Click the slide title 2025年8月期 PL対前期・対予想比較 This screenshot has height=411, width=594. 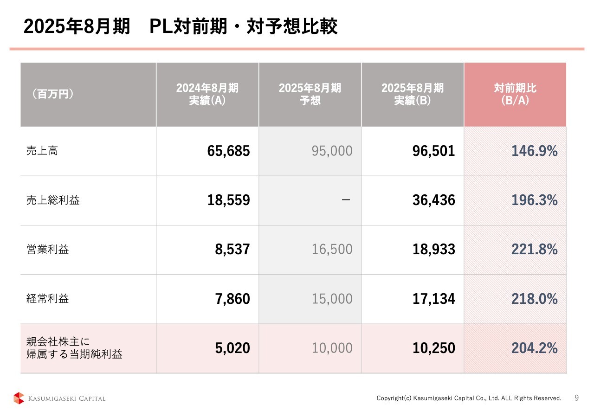pos(180,27)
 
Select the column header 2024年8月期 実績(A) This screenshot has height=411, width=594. pos(207,94)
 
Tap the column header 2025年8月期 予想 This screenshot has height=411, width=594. pos(310,94)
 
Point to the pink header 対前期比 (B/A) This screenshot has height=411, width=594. pos(515,94)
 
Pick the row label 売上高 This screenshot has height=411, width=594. pos(42,151)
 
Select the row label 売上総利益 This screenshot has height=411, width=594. pos(53,200)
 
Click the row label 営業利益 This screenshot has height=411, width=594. pos(47,250)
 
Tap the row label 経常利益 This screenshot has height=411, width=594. pos(47,299)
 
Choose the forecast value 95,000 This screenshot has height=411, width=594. pos(332,151)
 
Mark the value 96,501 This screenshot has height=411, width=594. pos(434,151)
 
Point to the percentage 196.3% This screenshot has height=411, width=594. pos(534,200)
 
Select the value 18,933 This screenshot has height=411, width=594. pos(434,250)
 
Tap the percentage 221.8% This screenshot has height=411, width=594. pos(534,250)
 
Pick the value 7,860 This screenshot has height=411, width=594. pos(232,299)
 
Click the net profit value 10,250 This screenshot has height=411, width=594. pos(434,348)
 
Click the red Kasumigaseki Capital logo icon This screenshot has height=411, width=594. pos(19,398)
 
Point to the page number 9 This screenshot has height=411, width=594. pos(577,398)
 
